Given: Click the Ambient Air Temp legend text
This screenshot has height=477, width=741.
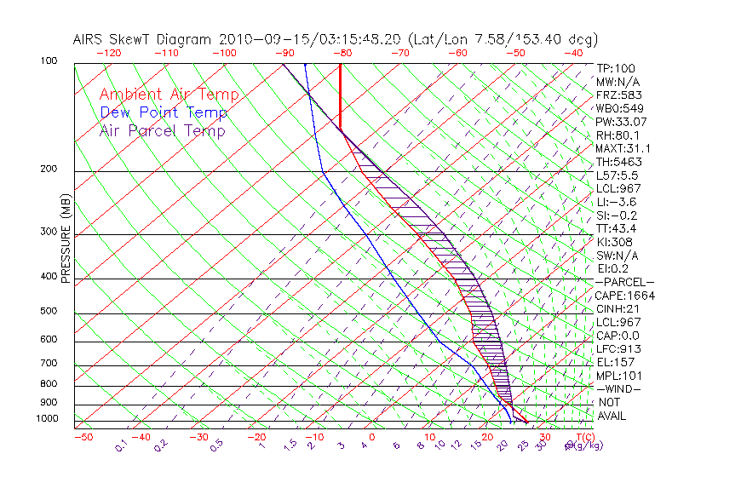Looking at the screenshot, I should coord(169,95).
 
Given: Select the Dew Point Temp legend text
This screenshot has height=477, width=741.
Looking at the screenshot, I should coord(163,112).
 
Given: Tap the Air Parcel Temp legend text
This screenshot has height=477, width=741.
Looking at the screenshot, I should coord(162,130).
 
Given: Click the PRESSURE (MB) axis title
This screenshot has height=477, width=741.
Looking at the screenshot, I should coord(66,239).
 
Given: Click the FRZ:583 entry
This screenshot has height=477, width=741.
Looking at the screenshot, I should coord(618,95).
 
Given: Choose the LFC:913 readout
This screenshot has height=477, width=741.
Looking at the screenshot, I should coord(618,349).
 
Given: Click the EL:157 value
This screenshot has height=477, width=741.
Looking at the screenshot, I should coord(616,362).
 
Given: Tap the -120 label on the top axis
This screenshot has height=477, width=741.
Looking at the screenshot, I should coord(108,53).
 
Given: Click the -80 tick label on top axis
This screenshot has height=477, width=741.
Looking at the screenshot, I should coord(342,53).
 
